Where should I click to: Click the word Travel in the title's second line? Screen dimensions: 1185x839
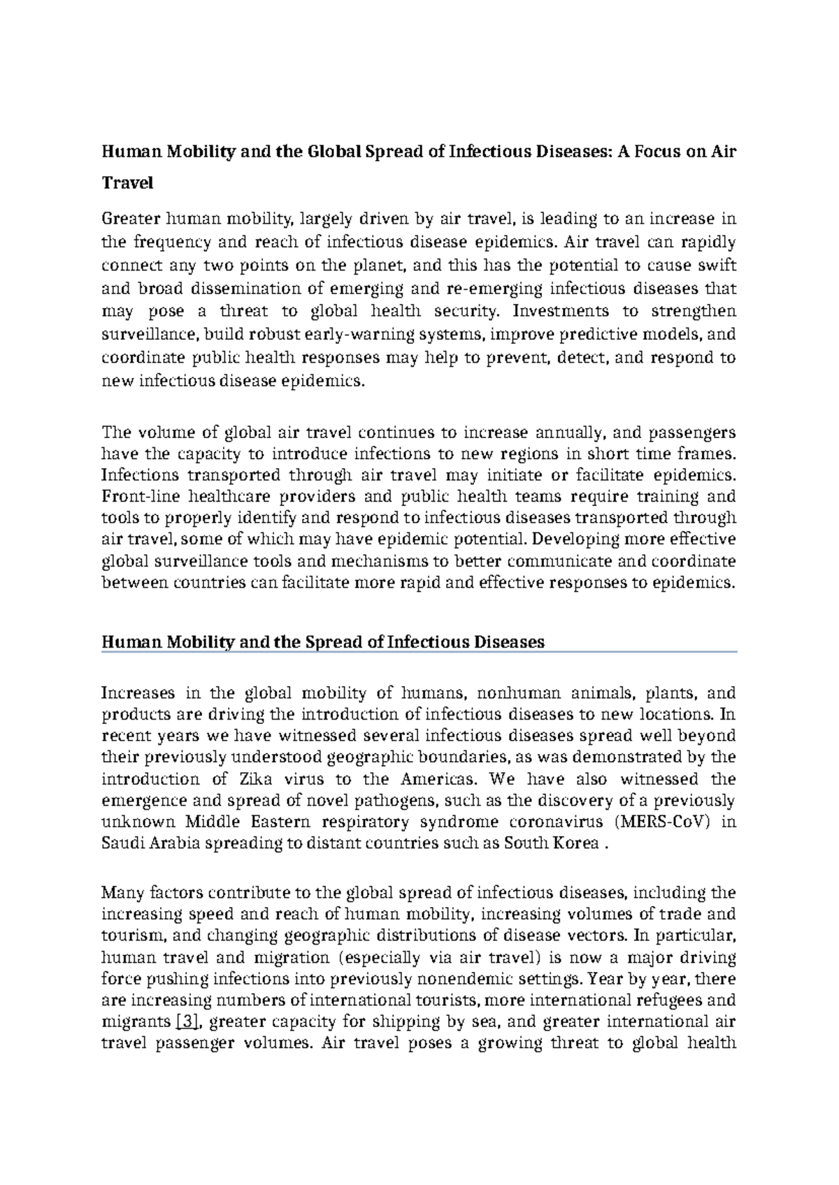pyautogui.click(x=127, y=183)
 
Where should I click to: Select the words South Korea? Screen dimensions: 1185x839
pyautogui.click(x=551, y=843)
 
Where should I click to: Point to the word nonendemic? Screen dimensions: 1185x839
pyautogui.click(x=476, y=978)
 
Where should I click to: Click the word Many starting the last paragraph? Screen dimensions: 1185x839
pyautogui.click(x=121, y=892)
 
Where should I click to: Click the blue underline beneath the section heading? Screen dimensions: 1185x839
pyautogui.click(x=419, y=652)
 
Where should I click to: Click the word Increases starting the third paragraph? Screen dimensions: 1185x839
pyautogui.click(x=138, y=693)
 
